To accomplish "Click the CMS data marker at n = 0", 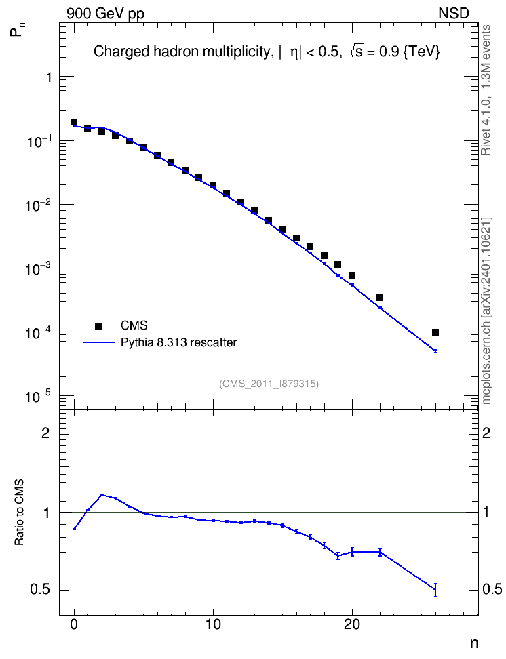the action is [x=74, y=122].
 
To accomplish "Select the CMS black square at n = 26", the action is [x=435, y=332].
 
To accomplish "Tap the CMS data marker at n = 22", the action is [x=380, y=298].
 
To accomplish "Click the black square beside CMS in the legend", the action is [x=98, y=325].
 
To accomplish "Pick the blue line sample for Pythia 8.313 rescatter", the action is [x=98, y=342].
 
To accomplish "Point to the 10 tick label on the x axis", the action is [x=213, y=624].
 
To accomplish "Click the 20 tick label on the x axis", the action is [x=352, y=624].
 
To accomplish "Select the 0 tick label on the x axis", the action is [x=74, y=624].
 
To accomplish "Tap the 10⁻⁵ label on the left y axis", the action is [x=39, y=396].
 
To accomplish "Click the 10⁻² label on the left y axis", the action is [x=39, y=205].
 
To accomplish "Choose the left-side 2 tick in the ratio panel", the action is [x=45, y=433].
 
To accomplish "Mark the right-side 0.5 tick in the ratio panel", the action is [x=492, y=590].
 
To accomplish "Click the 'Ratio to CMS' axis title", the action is [x=19, y=513].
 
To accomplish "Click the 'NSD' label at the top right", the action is [x=453, y=14].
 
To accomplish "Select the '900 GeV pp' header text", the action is [x=105, y=14].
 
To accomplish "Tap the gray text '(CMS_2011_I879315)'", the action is [x=269, y=384].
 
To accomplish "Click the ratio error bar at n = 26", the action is [x=435, y=590].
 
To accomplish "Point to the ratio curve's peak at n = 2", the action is [x=102, y=495].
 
